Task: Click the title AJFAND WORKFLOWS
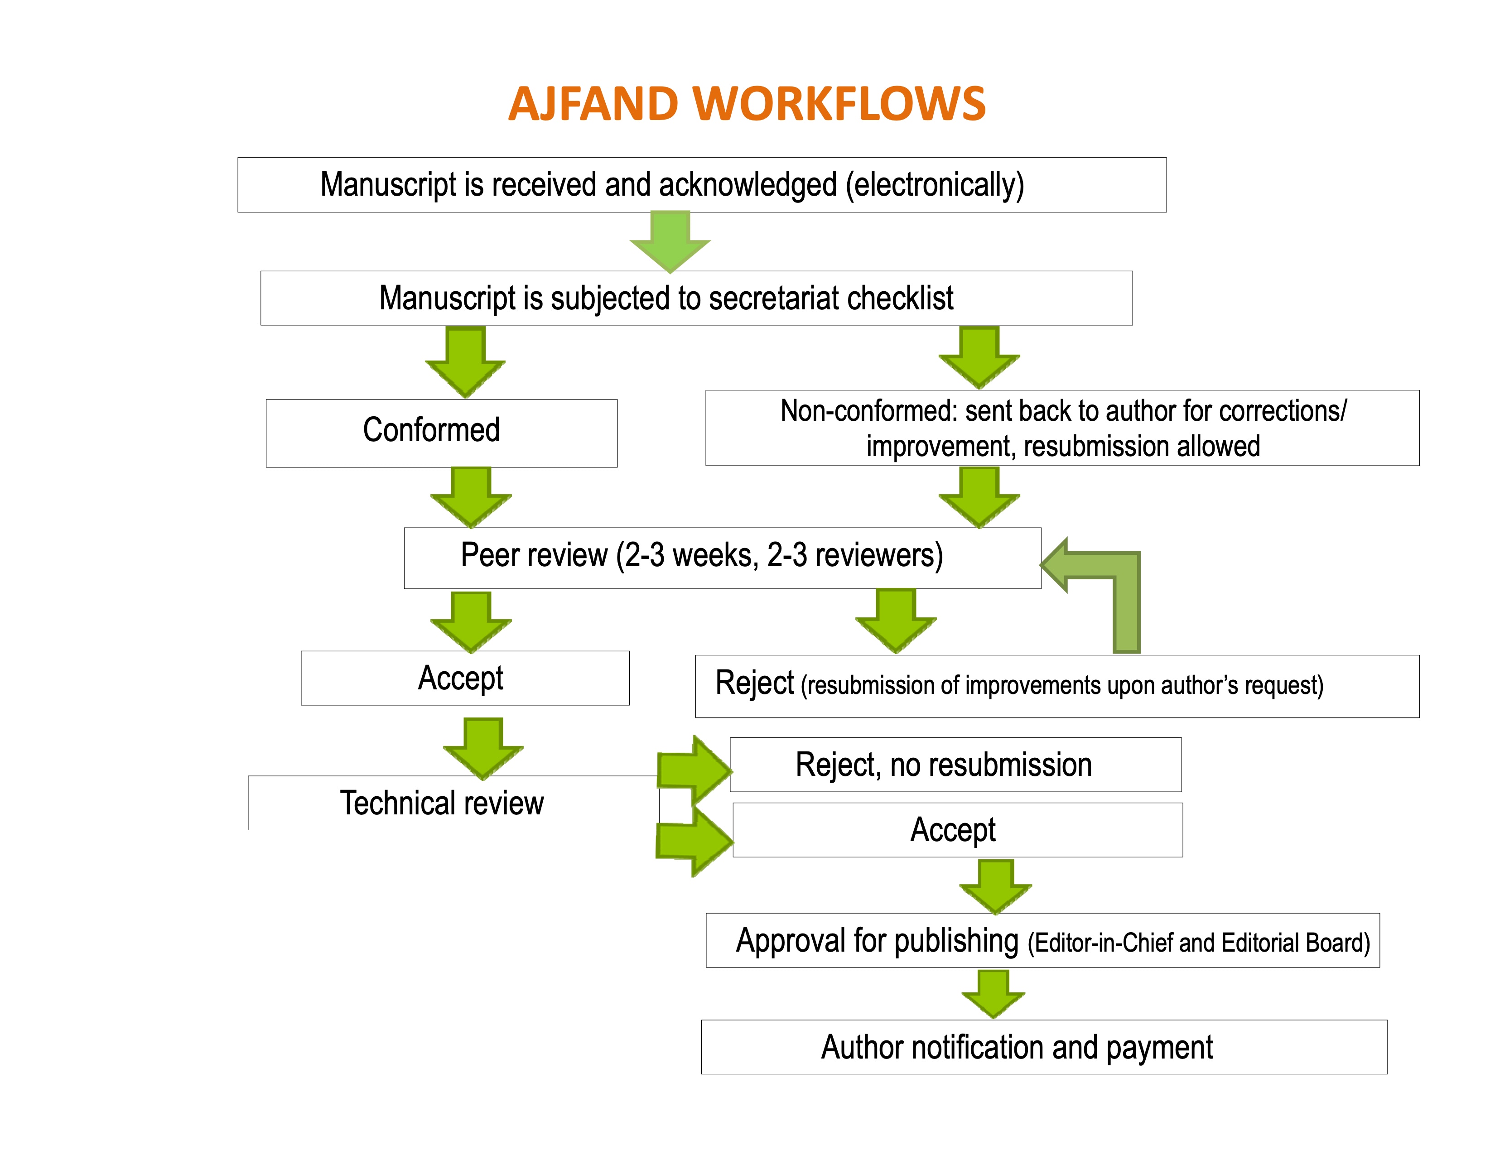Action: [747, 104]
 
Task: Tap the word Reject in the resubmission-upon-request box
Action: [754, 683]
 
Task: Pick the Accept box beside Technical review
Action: [956, 830]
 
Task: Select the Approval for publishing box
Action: [1042, 941]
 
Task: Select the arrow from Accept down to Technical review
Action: [483, 748]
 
